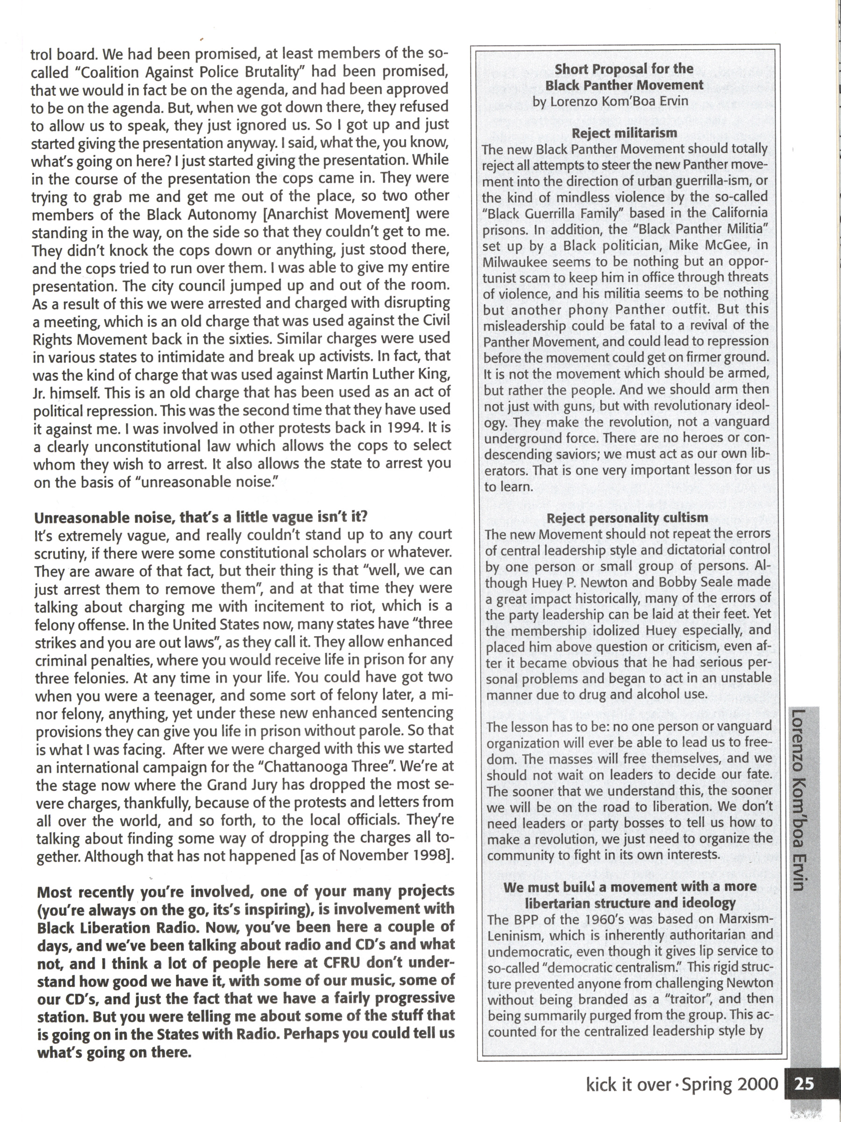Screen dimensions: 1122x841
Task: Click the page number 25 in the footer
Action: coord(804,1084)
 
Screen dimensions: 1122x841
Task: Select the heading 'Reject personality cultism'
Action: coord(627,518)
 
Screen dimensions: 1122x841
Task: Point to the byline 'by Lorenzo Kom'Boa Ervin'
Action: coord(610,101)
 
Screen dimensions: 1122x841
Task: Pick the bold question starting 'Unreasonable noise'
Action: coord(200,517)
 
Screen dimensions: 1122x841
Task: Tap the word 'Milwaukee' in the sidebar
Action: coord(515,262)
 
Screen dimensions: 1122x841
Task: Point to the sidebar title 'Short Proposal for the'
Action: coord(624,69)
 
